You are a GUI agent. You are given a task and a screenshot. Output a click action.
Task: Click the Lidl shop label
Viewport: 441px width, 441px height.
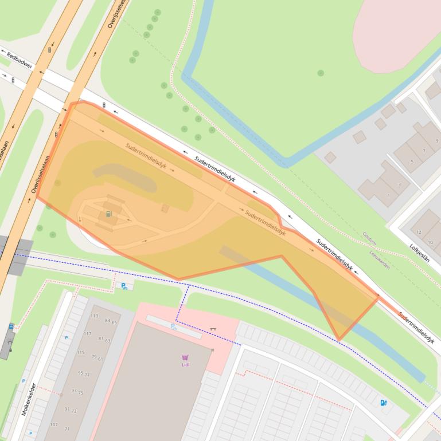click(x=185, y=364)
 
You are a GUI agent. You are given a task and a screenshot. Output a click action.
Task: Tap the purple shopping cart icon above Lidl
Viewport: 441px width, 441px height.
click(x=185, y=357)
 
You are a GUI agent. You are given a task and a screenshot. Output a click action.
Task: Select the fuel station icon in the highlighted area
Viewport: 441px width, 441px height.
click(x=108, y=214)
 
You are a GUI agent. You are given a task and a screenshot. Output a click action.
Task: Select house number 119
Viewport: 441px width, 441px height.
click(x=95, y=316)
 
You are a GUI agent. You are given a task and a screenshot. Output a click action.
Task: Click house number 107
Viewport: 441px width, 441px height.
click(x=53, y=424)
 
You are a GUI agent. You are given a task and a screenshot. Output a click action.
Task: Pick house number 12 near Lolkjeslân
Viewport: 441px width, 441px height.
click(x=420, y=232)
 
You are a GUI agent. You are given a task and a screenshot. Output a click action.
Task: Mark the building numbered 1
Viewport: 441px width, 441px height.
click(x=389, y=195)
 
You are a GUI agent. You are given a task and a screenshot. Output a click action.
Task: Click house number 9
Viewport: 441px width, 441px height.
click(x=437, y=140)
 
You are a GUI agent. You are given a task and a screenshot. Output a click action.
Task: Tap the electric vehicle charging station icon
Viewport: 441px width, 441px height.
click(x=383, y=403)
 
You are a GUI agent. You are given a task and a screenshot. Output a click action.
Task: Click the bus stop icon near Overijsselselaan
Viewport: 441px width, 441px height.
click(x=11, y=327)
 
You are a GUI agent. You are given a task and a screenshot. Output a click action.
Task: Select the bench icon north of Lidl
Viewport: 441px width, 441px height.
click(x=213, y=329)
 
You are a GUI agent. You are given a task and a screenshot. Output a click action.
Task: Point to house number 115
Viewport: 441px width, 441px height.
click(x=81, y=352)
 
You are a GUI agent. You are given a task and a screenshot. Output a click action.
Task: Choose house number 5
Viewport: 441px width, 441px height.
click(x=412, y=162)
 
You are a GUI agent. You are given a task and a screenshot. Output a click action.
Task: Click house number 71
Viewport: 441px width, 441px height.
click(x=67, y=429)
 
